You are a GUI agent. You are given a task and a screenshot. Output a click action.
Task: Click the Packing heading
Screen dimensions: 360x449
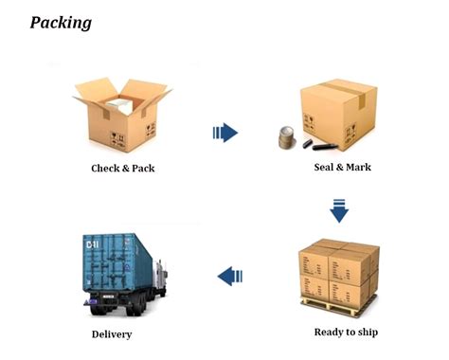pyautogui.click(x=61, y=21)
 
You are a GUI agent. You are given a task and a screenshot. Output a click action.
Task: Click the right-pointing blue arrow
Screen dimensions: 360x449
pyautogui.click(x=225, y=133)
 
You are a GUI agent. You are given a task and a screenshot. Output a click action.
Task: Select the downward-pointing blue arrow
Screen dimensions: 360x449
pyautogui.click(x=339, y=209)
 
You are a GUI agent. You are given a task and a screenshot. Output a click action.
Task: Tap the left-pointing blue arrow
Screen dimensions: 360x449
pyautogui.click(x=230, y=276)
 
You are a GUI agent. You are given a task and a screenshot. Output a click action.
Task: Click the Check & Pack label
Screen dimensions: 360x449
pyautogui.click(x=122, y=169)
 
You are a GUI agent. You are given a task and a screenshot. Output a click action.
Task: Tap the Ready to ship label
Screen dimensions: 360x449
pyautogui.click(x=346, y=332)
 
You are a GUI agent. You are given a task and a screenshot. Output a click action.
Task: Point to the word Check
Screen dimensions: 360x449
pyautogui.click(x=105, y=169)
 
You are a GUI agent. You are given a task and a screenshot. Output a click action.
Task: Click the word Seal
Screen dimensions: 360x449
pyautogui.click(x=325, y=168)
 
